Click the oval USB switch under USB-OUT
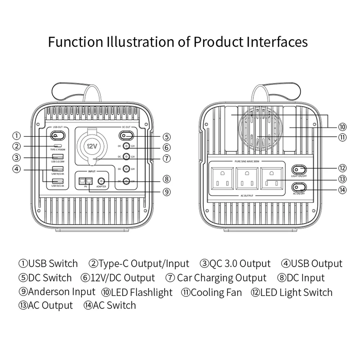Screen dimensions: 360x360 click(57, 136)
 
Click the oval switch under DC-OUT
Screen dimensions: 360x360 click(126, 136)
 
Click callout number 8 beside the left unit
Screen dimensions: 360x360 click(166, 179)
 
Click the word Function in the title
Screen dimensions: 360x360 click(75, 42)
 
